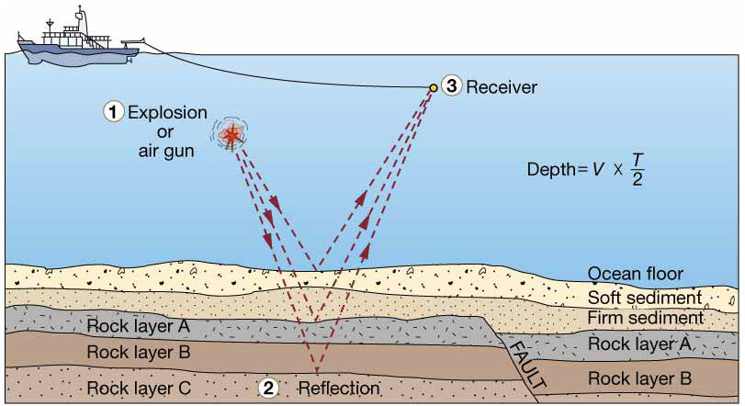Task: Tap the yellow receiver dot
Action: (x=434, y=88)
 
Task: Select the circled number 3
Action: (x=451, y=86)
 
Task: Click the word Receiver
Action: (x=502, y=87)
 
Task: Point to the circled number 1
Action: (x=113, y=113)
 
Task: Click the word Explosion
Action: (x=167, y=113)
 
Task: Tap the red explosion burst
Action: (x=231, y=134)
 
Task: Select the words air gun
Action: (x=166, y=151)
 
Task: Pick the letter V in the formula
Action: (x=598, y=170)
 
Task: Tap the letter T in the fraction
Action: (x=638, y=161)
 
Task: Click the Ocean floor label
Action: (x=636, y=274)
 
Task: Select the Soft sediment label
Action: (x=645, y=298)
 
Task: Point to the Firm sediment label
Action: (x=646, y=317)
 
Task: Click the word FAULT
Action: (x=528, y=366)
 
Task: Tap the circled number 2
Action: (x=268, y=388)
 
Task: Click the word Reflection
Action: (x=339, y=388)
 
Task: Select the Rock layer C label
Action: (x=139, y=388)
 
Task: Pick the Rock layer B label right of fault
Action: (x=639, y=378)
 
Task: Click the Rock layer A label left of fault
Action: (x=139, y=326)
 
